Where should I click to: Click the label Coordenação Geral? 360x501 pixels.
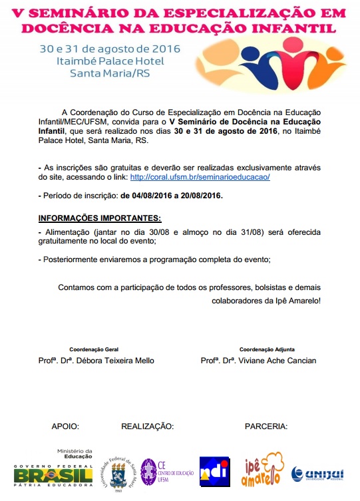pos(94,349)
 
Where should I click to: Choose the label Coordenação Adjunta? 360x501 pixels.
pos(267,349)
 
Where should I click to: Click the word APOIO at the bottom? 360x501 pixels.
pos(66,426)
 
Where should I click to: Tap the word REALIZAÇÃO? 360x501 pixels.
pos(147,426)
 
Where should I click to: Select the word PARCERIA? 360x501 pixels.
pos(266,426)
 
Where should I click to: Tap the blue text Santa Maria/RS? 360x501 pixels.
pos(101,73)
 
